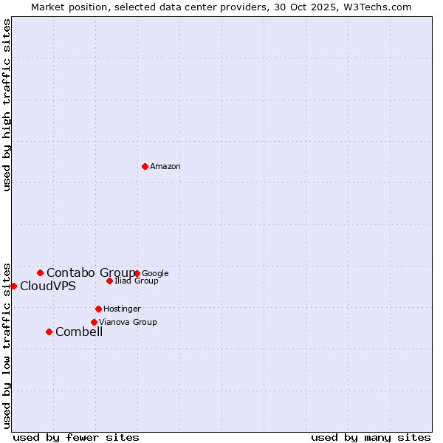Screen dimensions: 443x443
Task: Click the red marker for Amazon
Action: click(x=145, y=166)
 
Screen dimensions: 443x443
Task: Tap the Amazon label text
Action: click(x=165, y=167)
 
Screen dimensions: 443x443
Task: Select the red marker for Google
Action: click(x=137, y=273)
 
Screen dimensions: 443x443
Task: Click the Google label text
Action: click(x=156, y=274)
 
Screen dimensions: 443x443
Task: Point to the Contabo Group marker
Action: click(x=40, y=272)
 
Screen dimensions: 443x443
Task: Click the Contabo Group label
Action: click(x=90, y=273)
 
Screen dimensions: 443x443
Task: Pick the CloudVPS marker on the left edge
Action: click(x=13, y=286)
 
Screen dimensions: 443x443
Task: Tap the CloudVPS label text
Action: click(x=48, y=286)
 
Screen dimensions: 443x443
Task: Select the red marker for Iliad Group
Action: click(x=109, y=281)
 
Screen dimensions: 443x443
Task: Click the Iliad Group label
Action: click(x=137, y=281)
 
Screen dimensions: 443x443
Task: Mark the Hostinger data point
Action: click(x=98, y=309)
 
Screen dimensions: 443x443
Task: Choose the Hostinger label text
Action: click(x=123, y=309)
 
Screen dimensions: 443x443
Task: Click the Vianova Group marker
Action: click(x=94, y=322)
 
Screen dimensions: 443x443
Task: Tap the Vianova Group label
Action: click(x=128, y=323)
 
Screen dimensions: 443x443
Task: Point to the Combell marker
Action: click(x=49, y=332)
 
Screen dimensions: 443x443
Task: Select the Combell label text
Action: click(x=79, y=332)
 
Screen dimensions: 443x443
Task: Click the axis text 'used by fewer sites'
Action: click(x=76, y=438)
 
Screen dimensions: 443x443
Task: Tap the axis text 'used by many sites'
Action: click(x=371, y=438)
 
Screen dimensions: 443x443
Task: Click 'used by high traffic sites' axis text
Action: click(x=7, y=105)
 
